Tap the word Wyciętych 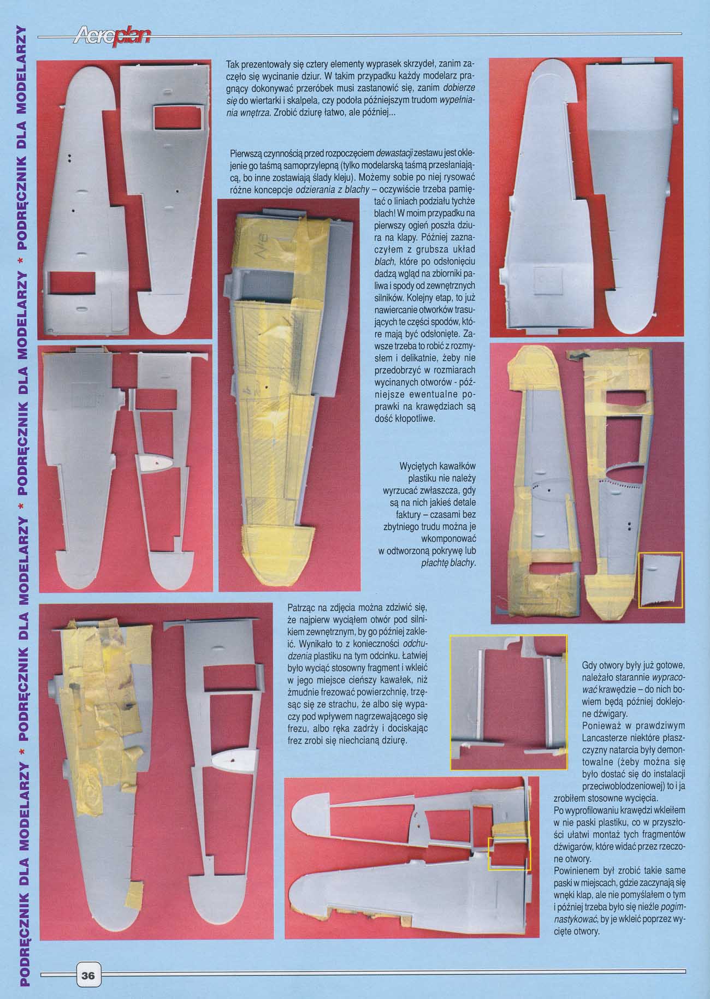[418, 467]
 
